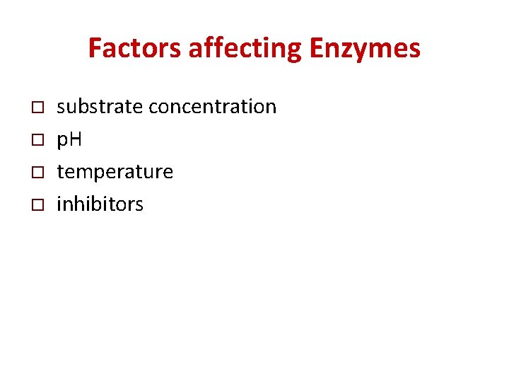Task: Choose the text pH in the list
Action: (x=69, y=140)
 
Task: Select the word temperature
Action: (x=115, y=172)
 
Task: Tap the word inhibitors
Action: (x=100, y=204)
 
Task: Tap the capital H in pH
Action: (x=75, y=140)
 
